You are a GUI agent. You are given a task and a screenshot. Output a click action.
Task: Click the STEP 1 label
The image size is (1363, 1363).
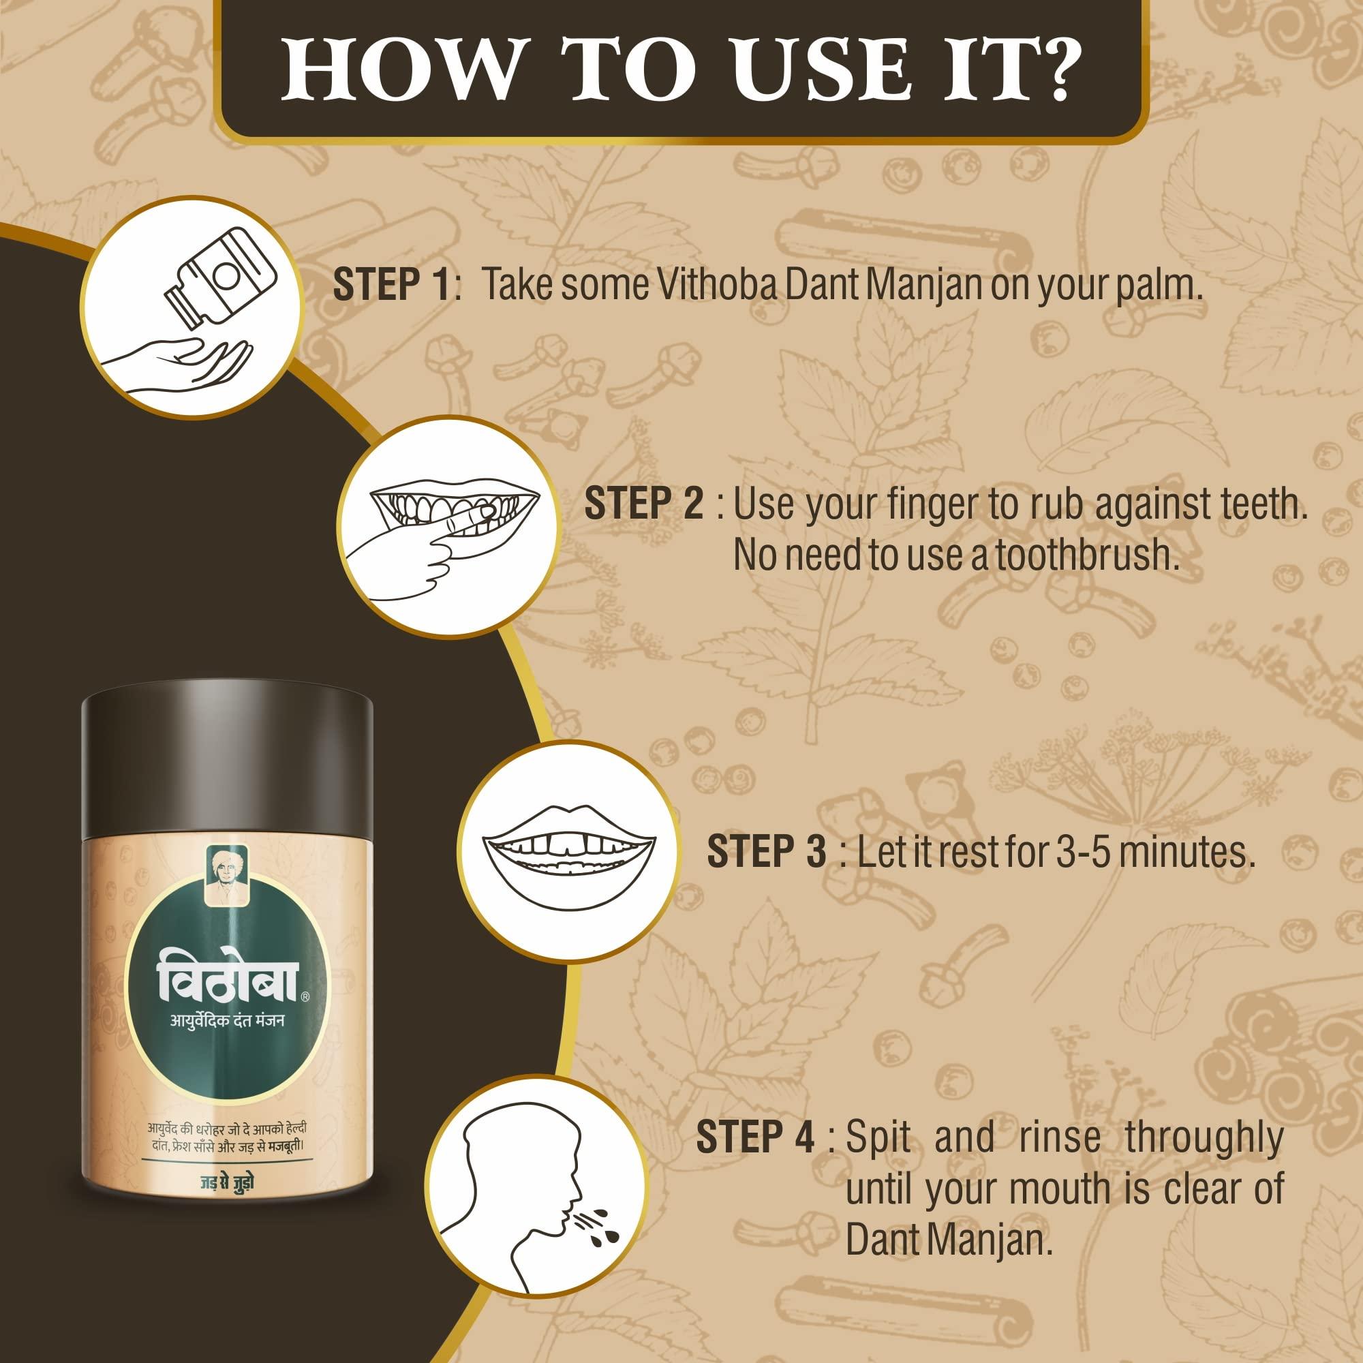click(x=392, y=285)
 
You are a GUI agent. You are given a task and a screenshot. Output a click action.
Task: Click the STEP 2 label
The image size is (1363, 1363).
click(x=643, y=504)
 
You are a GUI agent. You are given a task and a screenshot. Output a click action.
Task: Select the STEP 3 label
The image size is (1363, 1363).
click(x=766, y=851)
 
